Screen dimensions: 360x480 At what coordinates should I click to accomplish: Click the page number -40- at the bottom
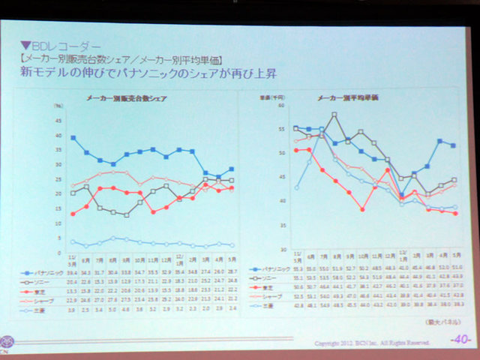coord(460,338)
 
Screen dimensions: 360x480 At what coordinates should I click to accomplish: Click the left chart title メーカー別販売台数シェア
coord(126,98)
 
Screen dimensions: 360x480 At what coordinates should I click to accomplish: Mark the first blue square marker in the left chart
coord(73,138)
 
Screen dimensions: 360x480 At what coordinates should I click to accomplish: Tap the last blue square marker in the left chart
coord(232,169)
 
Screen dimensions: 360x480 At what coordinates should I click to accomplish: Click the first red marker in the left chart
coord(73,214)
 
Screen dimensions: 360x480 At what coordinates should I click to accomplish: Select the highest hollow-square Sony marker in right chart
coord(334,115)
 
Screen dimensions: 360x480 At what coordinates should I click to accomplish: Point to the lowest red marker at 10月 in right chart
coord(362,209)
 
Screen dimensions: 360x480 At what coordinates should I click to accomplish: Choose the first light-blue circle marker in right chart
coord(296,187)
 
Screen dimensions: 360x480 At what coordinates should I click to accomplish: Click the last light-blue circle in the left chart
coord(232,245)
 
